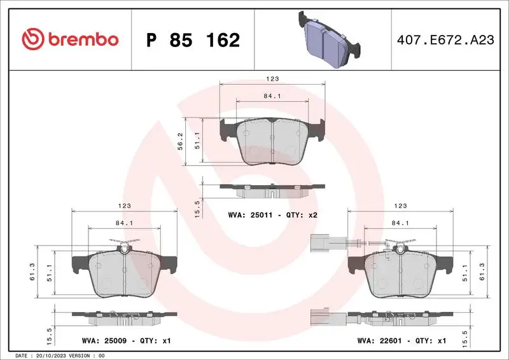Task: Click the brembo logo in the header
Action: [70, 39]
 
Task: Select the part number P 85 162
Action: [193, 40]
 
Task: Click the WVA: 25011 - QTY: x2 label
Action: [272, 215]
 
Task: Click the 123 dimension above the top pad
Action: [272, 79]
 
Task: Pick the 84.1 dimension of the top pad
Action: [272, 96]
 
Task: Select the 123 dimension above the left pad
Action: [125, 206]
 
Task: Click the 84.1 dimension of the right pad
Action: [400, 223]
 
